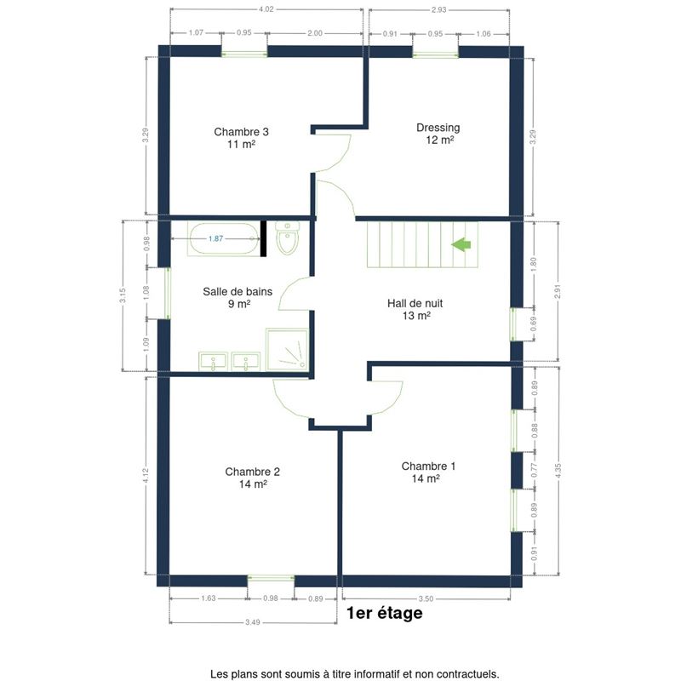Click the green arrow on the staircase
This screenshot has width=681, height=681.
pos(461,244)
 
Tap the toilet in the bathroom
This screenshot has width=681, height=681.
pos(287,238)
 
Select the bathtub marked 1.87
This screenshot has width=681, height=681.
pos(224,239)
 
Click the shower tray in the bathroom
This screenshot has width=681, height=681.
pos(287,350)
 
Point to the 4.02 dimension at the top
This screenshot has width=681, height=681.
pos(266,9)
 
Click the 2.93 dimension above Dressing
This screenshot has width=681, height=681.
pos(438,9)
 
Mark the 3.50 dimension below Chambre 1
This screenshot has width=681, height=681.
pos(426,598)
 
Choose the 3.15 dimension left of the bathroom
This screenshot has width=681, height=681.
pos(123,295)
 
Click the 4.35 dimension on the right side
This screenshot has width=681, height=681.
pos(558,471)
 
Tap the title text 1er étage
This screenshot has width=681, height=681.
pos(385,613)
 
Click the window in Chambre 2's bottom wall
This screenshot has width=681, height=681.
pos(271,578)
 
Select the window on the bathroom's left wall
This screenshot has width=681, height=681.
pos(167,293)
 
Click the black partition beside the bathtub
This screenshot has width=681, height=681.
pos(263,238)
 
